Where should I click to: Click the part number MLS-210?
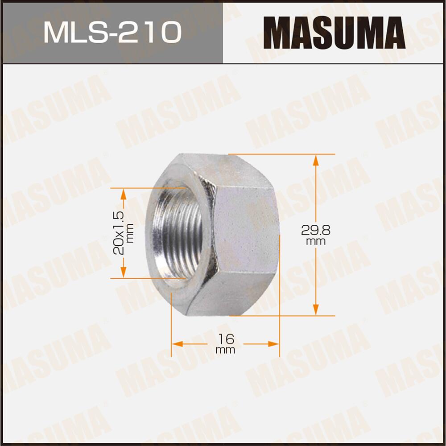112,32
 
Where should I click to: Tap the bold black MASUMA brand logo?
334,32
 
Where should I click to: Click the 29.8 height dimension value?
315,231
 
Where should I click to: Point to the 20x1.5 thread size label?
119,232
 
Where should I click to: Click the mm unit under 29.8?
315,242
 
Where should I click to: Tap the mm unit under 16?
225,350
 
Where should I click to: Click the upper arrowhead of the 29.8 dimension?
315,160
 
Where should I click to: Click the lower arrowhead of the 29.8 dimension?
315,310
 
